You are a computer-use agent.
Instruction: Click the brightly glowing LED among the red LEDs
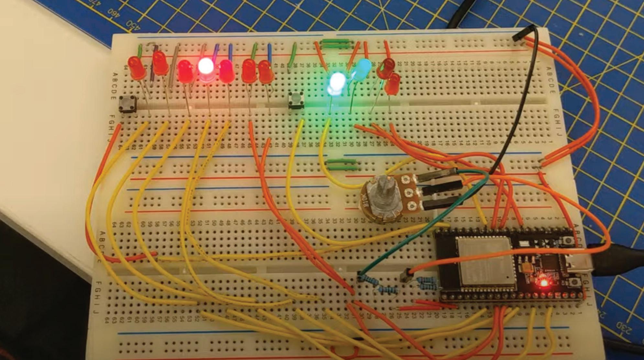tap(206, 66)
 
